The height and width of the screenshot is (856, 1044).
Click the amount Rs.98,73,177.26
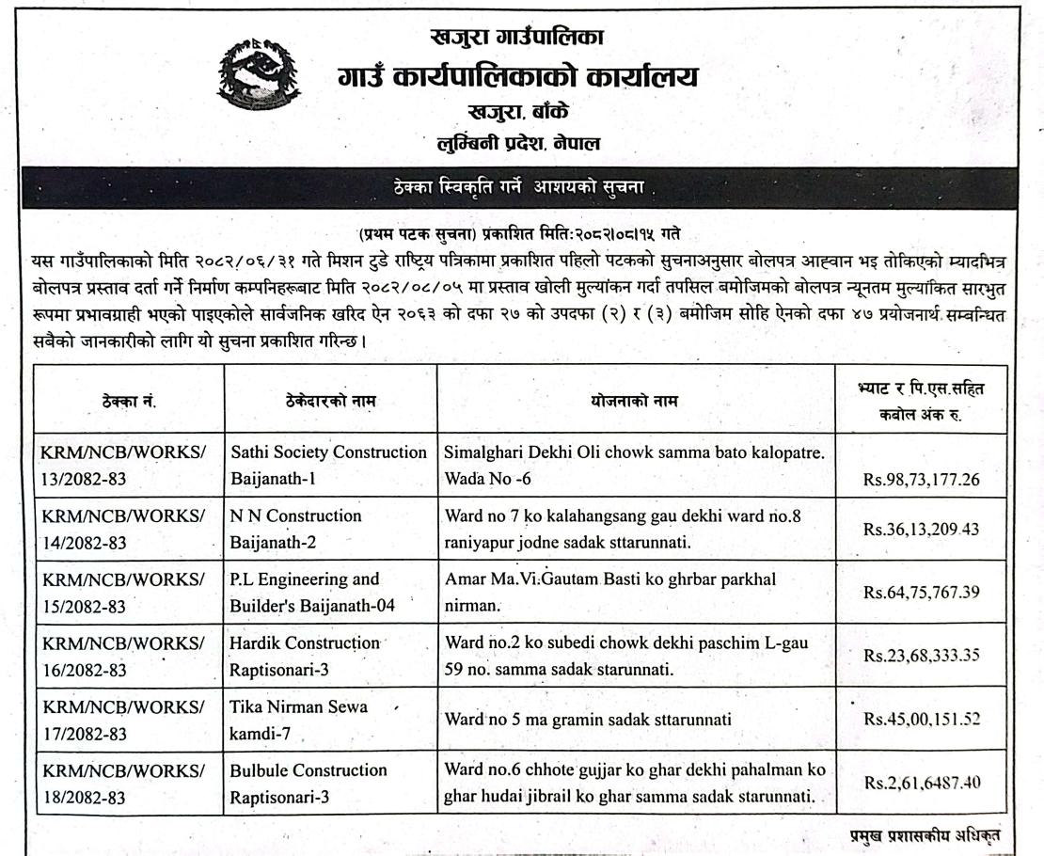[x=921, y=479]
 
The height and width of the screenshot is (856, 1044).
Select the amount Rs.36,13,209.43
[x=921, y=529]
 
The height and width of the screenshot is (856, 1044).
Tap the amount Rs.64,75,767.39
[x=921, y=592]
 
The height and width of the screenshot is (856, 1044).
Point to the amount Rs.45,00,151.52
[x=921, y=720]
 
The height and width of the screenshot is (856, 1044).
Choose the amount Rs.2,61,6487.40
[x=921, y=783]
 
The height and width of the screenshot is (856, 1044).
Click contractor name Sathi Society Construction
[x=329, y=466]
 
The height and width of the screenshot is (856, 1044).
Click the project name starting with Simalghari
[x=635, y=466]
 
